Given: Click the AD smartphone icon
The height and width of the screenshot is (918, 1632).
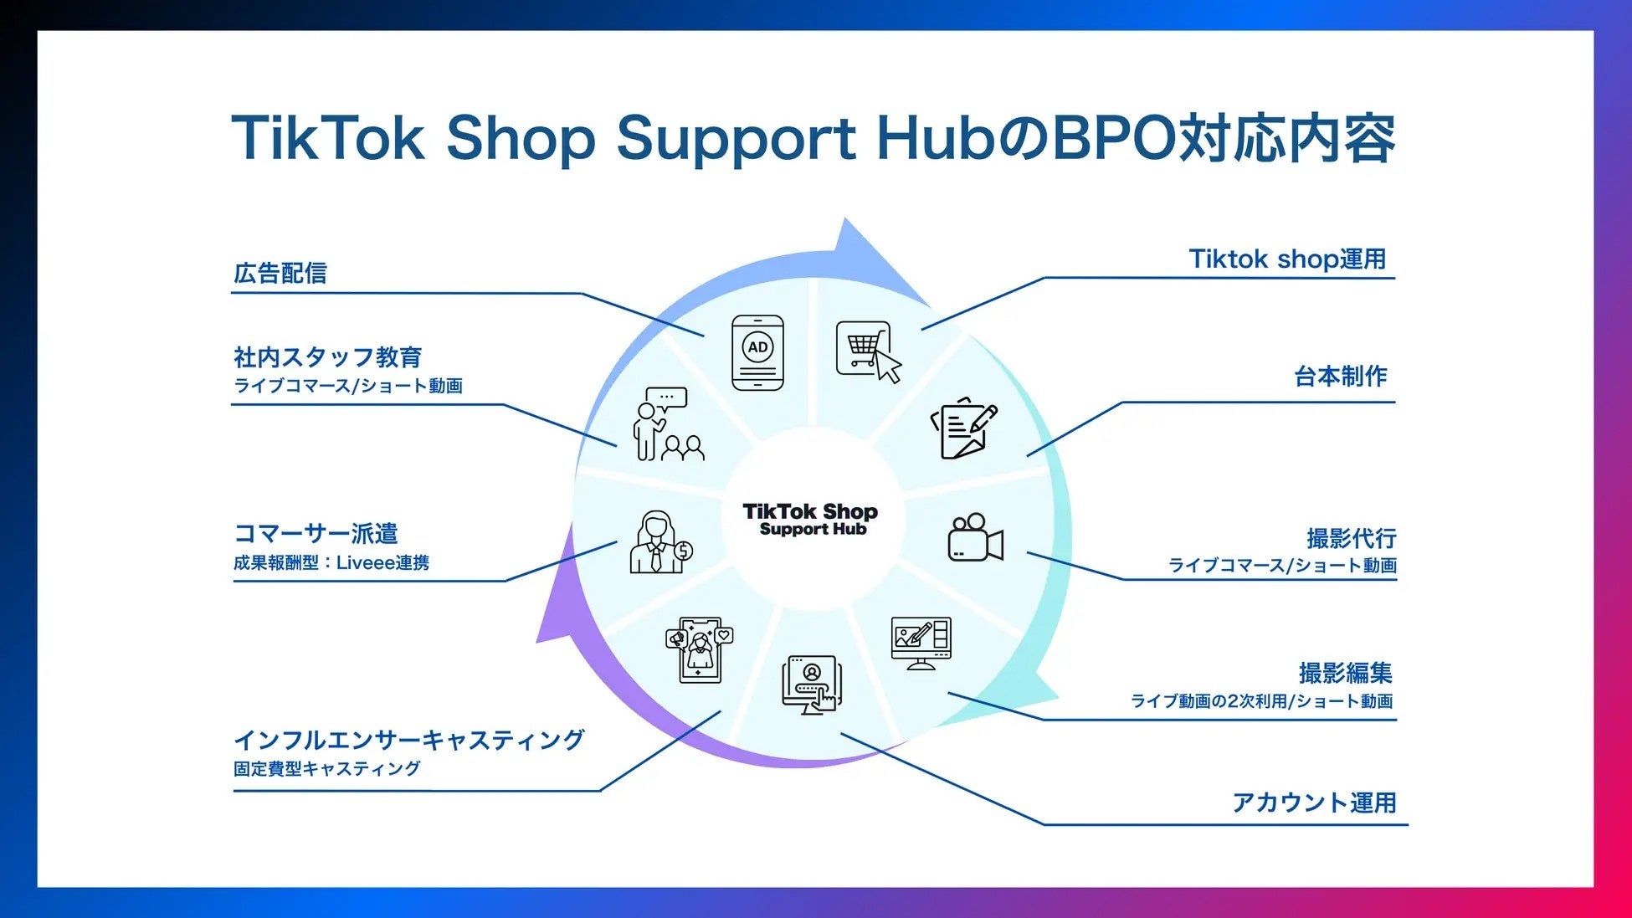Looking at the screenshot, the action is pos(757,352).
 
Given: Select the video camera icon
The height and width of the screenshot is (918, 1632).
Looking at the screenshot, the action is pos(975,537).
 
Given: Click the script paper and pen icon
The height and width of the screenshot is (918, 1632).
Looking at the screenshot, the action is pos(964,428).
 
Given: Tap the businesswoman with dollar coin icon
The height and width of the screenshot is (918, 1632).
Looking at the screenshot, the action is pos(660,542).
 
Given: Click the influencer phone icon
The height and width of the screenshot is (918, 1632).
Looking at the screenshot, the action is pos(700,649).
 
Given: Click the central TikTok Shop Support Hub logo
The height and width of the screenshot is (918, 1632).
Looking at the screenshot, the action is pos(810,519).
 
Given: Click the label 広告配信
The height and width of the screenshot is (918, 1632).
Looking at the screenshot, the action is pos(280,273).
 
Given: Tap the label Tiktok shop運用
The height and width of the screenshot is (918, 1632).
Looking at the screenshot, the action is pos(1287,259).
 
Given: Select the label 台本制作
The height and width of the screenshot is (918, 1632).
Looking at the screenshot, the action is pos(1340,377).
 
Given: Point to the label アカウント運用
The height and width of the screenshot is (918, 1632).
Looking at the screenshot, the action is pos(1314,803).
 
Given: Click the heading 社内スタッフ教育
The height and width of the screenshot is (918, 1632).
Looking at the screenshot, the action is pos(327,357).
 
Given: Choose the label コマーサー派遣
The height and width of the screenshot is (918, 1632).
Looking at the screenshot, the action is pos(316,533).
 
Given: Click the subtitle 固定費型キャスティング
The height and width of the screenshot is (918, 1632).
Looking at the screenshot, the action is pos(326,768).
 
